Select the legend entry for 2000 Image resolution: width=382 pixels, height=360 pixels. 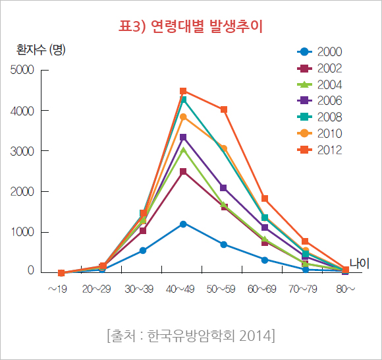point(319,52)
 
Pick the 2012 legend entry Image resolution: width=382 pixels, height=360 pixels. point(319,150)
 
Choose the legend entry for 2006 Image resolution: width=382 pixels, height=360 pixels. point(319,101)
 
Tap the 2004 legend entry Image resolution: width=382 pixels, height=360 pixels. point(319,84)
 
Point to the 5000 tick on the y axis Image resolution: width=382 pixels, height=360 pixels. point(24,70)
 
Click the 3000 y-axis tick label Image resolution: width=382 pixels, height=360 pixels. point(24,151)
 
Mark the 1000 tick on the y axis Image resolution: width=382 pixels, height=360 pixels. point(24,232)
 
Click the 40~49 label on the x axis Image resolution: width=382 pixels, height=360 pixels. point(182,289)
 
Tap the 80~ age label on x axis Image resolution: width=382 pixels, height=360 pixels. point(346,289)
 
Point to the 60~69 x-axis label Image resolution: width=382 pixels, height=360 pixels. point(264,289)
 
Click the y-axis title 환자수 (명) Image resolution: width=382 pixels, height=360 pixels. point(41,49)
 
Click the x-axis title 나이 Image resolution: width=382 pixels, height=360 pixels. point(360,263)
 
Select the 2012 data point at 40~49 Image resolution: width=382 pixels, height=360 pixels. point(183,91)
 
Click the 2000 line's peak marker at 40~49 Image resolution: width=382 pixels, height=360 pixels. point(183,224)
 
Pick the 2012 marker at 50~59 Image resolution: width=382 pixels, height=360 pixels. point(224,109)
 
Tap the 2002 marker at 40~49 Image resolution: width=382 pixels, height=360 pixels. point(183,171)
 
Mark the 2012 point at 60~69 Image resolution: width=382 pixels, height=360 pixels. point(265,198)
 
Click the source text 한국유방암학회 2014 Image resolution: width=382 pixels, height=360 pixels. point(190,336)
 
